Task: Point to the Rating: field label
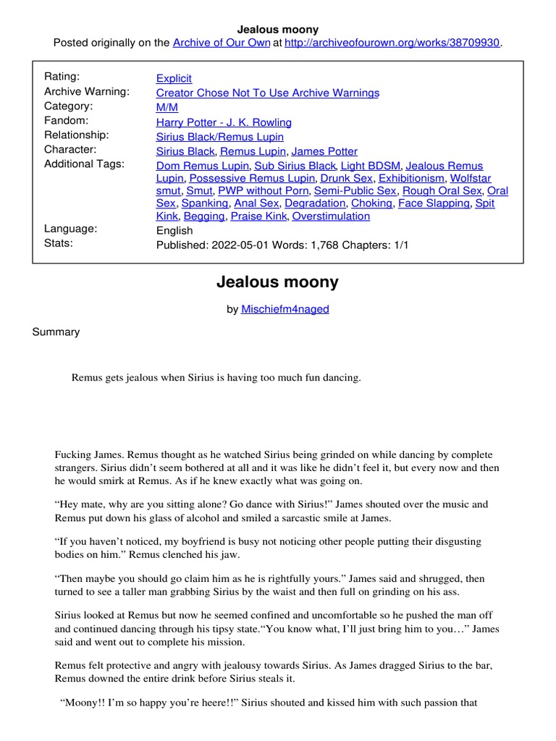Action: pyautogui.click(x=62, y=77)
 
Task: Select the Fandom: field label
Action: pyautogui.click(x=67, y=121)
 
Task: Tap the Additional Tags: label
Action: pyautogui.click(x=85, y=164)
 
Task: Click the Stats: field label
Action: pyautogui.click(x=59, y=243)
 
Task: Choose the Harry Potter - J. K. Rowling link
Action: pyautogui.click(x=224, y=122)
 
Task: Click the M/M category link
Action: pyautogui.click(x=167, y=108)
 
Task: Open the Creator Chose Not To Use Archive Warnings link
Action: pyautogui.click(x=268, y=93)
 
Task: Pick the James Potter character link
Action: pyautogui.click(x=324, y=151)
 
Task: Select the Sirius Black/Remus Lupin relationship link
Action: pyautogui.click(x=220, y=137)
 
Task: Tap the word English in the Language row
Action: pyautogui.click(x=174, y=230)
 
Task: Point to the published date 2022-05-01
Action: pyautogui.click(x=240, y=245)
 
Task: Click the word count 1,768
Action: pyautogui.click(x=336, y=245)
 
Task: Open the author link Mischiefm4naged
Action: pyautogui.click(x=285, y=309)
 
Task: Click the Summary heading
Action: pyautogui.click(x=56, y=332)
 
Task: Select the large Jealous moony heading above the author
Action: pyautogui.click(x=277, y=282)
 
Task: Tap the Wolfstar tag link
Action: pyautogui.click(x=471, y=177)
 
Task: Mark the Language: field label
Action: pyautogui.click(x=71, y=229)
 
